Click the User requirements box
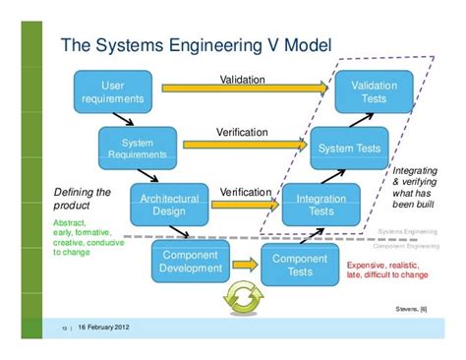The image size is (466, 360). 113,91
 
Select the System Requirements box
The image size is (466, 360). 138,148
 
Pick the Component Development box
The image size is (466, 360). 190,263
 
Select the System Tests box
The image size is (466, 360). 349,149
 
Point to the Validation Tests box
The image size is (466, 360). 375,91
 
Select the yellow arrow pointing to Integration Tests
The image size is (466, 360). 245,206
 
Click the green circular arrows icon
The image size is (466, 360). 241,298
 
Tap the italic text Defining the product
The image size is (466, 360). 82,200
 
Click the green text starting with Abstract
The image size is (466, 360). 87,237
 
